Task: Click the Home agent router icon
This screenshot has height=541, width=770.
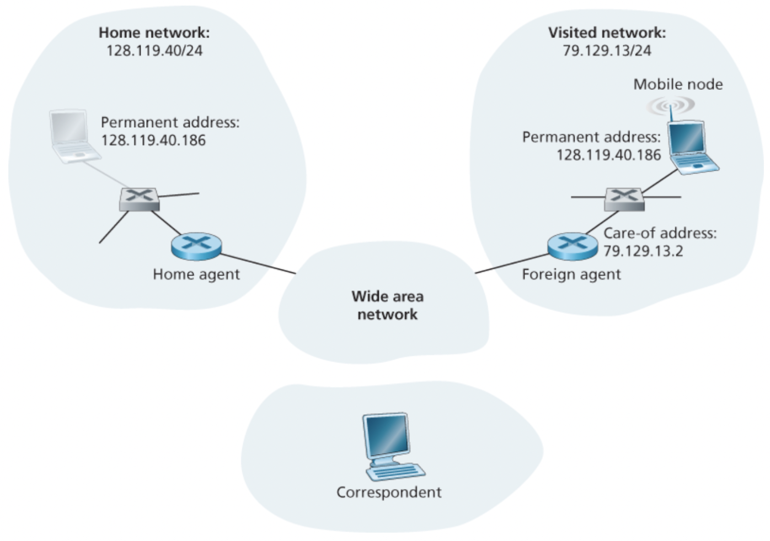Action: [196, 246]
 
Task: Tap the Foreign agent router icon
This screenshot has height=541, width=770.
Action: [573, 246]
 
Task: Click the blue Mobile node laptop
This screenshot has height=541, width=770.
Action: [691, 148]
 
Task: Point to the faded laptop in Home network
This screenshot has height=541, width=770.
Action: [72, 136]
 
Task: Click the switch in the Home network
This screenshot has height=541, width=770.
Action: [140, 199]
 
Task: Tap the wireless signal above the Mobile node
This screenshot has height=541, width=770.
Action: [671, 105]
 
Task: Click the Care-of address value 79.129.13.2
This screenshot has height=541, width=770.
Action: [643, 251]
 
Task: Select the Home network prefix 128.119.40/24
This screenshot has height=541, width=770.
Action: [154, 51]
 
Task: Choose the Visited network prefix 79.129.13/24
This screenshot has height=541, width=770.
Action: [607, 51]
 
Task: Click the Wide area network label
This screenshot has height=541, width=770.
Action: [388, 305]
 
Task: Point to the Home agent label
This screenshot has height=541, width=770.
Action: [196, 274]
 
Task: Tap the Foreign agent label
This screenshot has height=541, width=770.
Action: [571, 274]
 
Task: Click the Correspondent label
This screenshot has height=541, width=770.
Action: [389, 492]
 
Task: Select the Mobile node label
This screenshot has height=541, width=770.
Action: [678, 84]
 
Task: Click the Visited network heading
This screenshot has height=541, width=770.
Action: [607, 33]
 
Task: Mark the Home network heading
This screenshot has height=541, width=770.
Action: [154, 33]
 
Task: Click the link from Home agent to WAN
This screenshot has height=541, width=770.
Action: [258, 263]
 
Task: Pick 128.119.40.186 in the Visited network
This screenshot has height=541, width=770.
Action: [608, 155]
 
